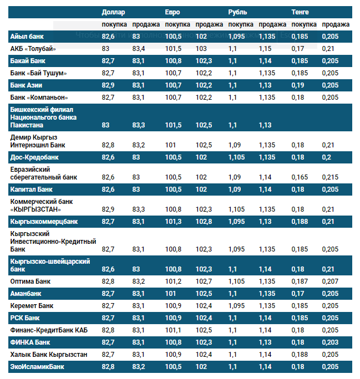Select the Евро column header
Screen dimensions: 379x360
(x=173, y=12)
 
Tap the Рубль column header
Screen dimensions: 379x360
(x=238, y=12)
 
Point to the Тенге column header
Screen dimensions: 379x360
(x=301, y=12)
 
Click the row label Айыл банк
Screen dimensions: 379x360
(x=27, y=37)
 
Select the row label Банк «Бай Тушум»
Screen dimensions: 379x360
(x=38, y=73)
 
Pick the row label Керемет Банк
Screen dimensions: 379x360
(x=32, y=306)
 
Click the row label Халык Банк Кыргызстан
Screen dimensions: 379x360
(x=49, y=355)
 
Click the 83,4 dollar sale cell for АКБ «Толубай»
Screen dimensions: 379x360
(x=139, y=49)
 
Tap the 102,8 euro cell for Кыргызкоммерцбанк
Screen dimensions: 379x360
(x=204, y=222)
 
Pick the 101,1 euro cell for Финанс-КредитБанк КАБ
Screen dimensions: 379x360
(x=173, y=330)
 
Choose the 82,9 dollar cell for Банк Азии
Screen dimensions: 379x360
(x=108, y=85)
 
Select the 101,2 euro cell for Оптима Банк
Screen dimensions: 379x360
(x=173, y=281)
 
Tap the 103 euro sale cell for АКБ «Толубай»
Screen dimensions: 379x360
(x=201, y=49)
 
